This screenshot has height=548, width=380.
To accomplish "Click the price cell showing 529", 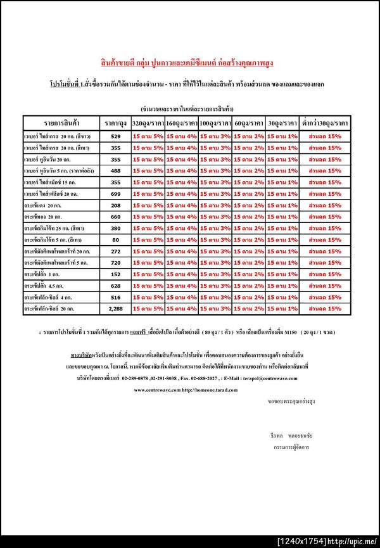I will tap(115, 136).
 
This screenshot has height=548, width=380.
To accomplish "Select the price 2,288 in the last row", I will tap(115, 309).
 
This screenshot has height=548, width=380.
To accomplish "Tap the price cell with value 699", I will tap(115, 193).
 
